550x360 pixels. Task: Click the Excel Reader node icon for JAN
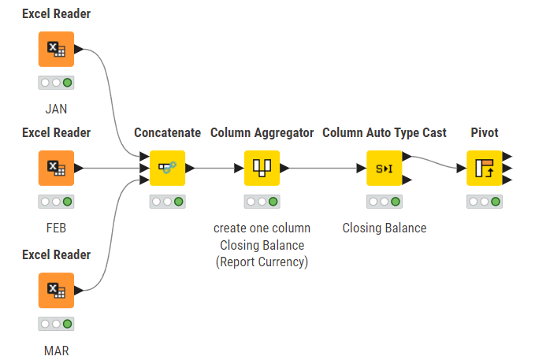coord(56,49)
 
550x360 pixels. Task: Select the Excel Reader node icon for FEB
coord(56,168)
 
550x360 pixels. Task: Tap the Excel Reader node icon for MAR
coord(56,290)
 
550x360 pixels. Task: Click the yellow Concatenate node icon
coord(167,168)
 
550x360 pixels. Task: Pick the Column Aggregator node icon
coord(262,168)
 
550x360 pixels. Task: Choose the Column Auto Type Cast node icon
coord(384,168)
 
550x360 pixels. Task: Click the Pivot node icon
coord(484,168)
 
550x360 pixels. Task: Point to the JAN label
coord(56,109)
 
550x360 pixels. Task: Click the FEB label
coord(56,228)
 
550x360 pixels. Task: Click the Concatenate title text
coord(167,132)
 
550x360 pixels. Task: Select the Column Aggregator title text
coord(262,132)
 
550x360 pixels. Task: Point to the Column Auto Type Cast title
coord(384,132)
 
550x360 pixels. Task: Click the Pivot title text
coord(484,132)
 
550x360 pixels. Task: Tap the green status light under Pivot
coord(495,202)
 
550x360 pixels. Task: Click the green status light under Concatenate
coord(178,202)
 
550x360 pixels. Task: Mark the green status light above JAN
coord(67,82)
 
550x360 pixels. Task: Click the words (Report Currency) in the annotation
coord(262,262)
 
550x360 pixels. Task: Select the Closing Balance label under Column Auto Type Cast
coord(384,228)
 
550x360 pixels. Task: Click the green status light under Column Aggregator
coord(273,202)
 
